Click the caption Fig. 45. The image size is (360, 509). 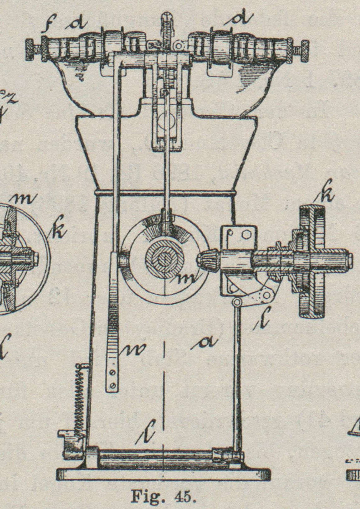click(163, 496)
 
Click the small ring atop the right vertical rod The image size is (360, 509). click(237, 302)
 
